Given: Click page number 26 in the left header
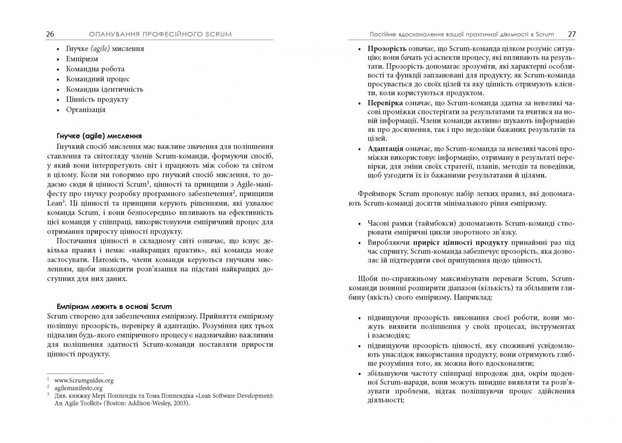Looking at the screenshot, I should [50, 34].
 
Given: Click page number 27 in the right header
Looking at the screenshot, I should [571, 34].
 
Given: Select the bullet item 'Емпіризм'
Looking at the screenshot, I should [82, 59].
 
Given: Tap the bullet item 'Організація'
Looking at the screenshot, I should [86, 109].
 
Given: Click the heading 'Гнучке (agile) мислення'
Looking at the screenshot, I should [99, 136].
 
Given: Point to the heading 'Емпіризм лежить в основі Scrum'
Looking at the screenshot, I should [114, 307].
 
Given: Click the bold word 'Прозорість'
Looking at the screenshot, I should [387, 49].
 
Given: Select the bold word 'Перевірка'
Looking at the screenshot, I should [385, 103].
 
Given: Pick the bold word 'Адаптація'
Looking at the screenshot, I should [385, 148].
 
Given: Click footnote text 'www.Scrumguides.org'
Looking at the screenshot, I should [84, 380].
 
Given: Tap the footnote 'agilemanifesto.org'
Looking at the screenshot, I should [78, 388].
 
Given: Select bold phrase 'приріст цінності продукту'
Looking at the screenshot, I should [460, 242].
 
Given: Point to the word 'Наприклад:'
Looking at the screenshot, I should [474, 297].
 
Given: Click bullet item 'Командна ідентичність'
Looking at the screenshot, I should [105, 89].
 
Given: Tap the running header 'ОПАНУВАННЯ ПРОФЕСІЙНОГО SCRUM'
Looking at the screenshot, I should [160, 34].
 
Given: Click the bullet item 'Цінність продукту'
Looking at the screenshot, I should [97, 99].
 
